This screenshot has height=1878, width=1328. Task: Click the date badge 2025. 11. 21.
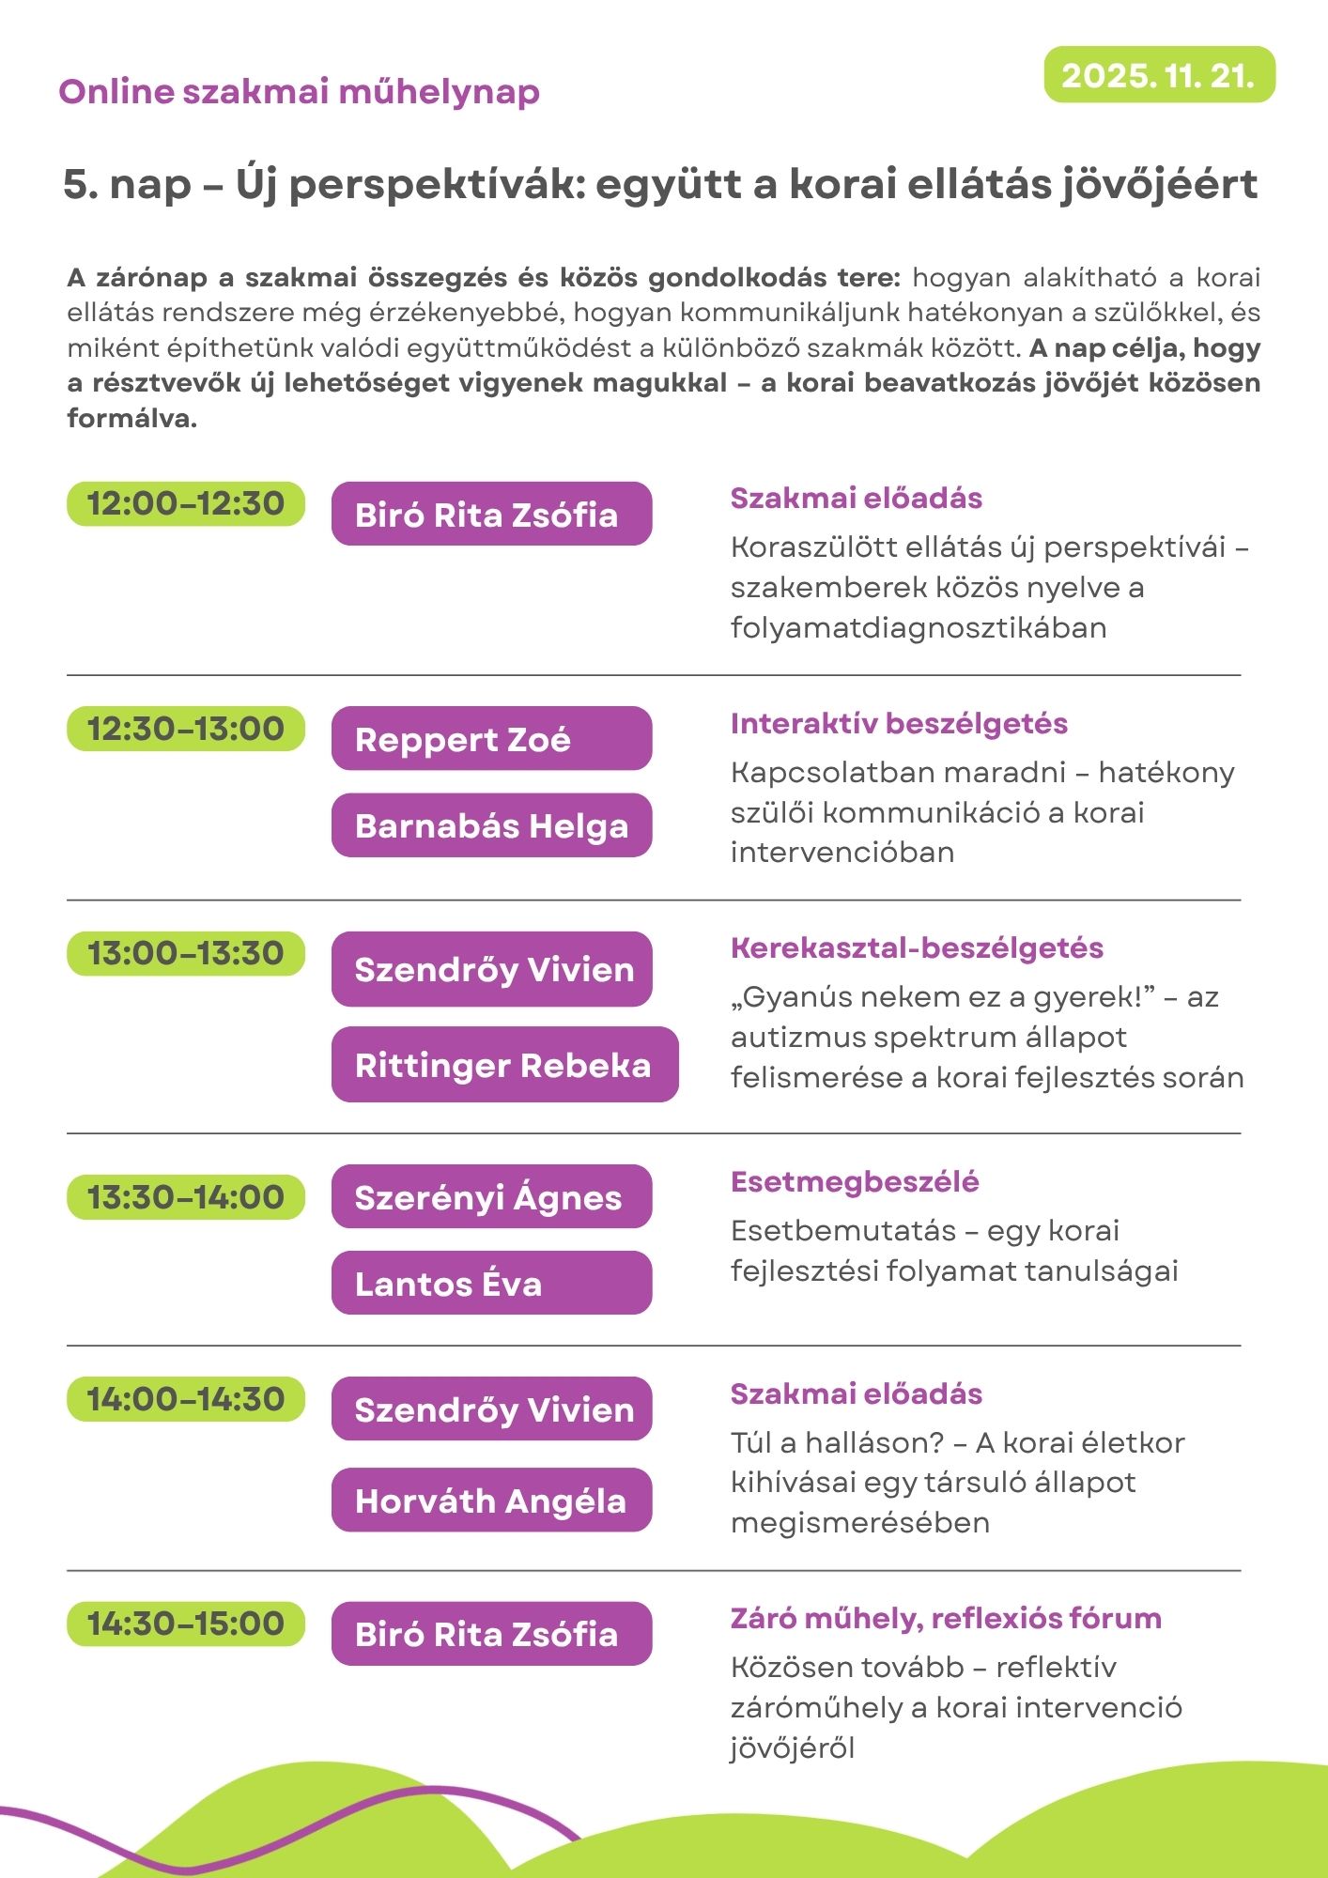click(1159, 75)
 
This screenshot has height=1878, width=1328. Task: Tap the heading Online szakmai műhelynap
click(299, 92)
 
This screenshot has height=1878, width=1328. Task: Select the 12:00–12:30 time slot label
click(186, 504)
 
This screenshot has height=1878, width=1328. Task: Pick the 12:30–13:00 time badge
click(186, 729)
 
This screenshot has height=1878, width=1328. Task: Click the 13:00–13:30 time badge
click(186, 954)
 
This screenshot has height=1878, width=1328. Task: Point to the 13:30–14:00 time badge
click(186, 1197)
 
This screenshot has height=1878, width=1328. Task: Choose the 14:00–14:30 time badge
click(186, 1399)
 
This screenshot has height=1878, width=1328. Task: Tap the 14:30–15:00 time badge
click(186, 1624)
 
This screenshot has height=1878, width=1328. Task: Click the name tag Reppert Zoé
click(491, 739)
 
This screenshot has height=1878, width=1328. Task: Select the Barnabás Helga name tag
click(491, 825)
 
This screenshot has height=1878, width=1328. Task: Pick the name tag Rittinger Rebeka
click(504, 1065)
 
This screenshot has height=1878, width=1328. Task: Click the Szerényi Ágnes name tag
click(491, 1197)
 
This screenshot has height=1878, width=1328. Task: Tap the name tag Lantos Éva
click(491, 1283)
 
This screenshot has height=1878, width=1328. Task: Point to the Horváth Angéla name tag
click(491, 1501)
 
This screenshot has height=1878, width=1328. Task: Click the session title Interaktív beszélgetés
click(899, 724)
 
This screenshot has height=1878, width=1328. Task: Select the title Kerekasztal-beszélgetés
click(917, 948)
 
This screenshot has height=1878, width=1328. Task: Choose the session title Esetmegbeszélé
click(855, 1182)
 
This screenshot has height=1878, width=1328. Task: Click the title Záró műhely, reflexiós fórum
click(946, 1619)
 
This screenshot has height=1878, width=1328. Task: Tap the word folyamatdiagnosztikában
click(919, 627)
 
